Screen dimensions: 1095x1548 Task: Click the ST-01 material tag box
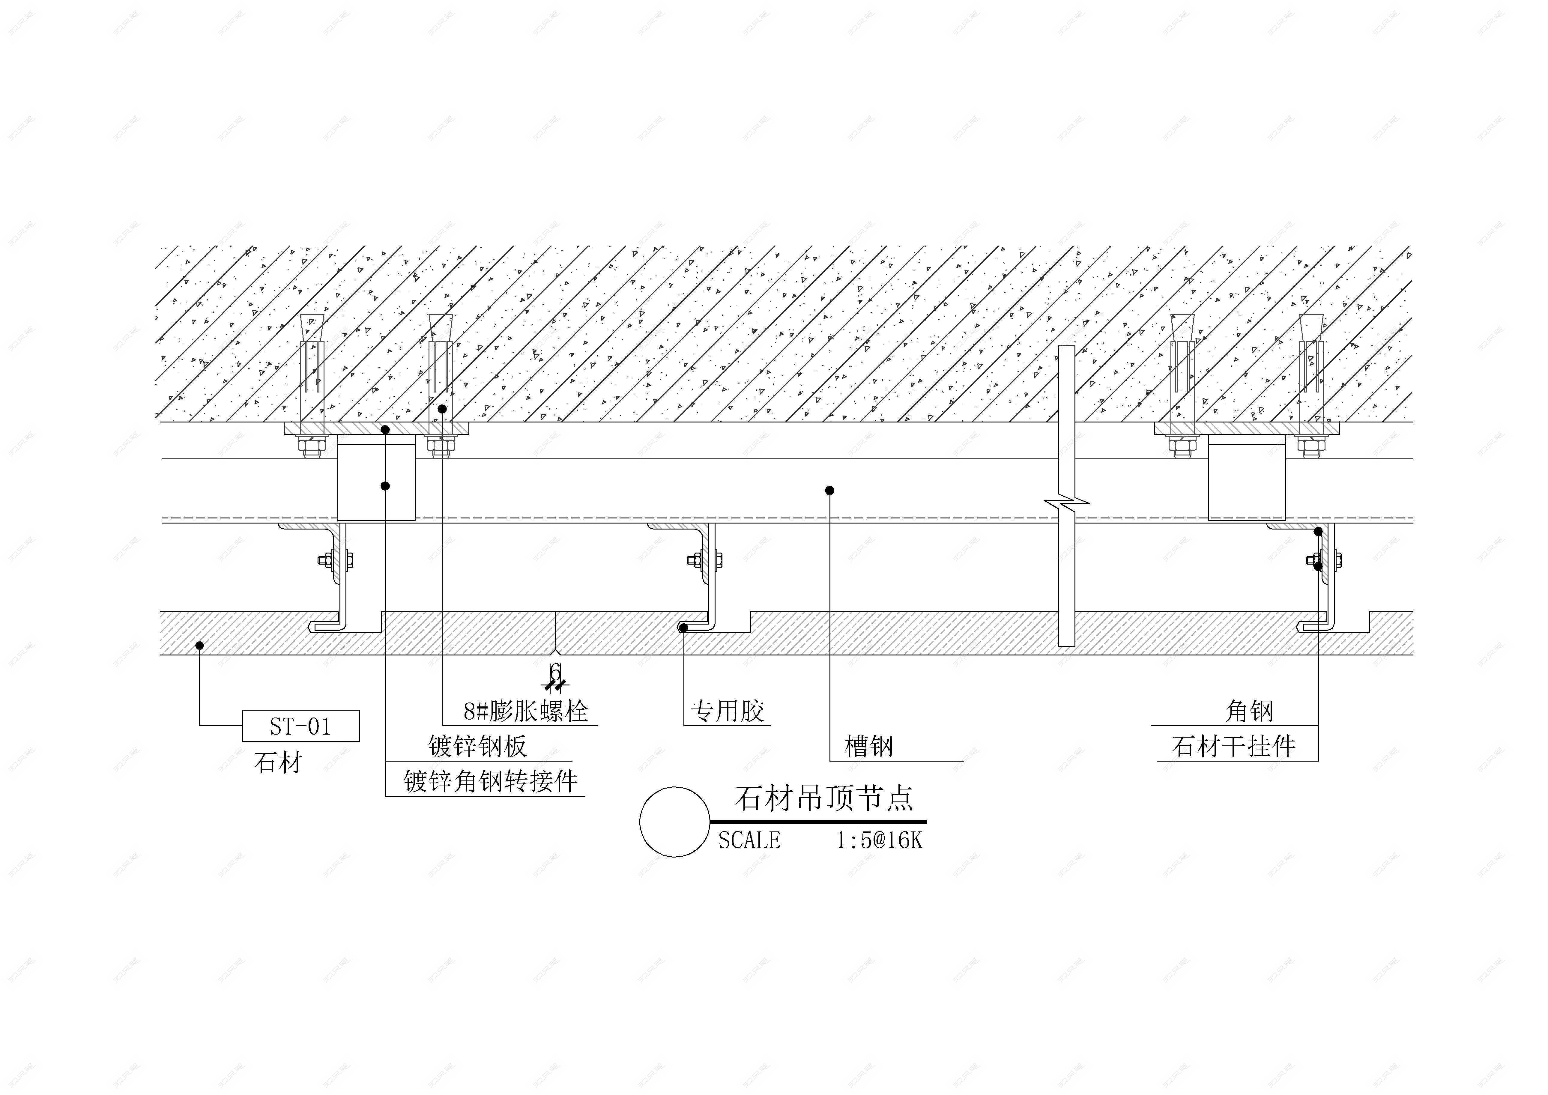[301, 726]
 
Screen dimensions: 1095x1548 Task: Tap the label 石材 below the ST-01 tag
[278, 763]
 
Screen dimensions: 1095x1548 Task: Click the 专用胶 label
[728, 711]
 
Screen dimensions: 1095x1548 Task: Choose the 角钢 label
[1249, 711]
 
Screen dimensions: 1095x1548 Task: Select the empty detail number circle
[674, 822]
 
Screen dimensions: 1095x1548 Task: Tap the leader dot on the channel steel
[830, 490]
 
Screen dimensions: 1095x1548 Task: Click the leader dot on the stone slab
[199, 645]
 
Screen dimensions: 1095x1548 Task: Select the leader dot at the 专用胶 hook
[683, 628]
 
